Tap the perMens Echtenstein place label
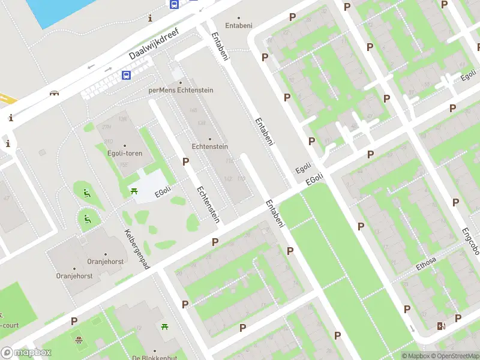(x=181, y=90)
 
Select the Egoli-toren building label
(x=125, y=153)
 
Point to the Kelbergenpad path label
(x=137, y=249)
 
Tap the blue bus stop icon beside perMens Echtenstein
(x=127, y=75)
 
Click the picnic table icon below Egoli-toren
(x=134, y=191)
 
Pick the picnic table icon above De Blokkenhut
(x=164, y=327)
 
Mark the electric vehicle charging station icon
(x=442, y=326)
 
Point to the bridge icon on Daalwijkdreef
(x=55, y=93)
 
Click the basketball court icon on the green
(x=79, y=340)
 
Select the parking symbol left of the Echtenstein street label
(x=185, y=161)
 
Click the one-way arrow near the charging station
(x=413, y=329)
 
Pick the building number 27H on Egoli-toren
(x=107, y=128)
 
